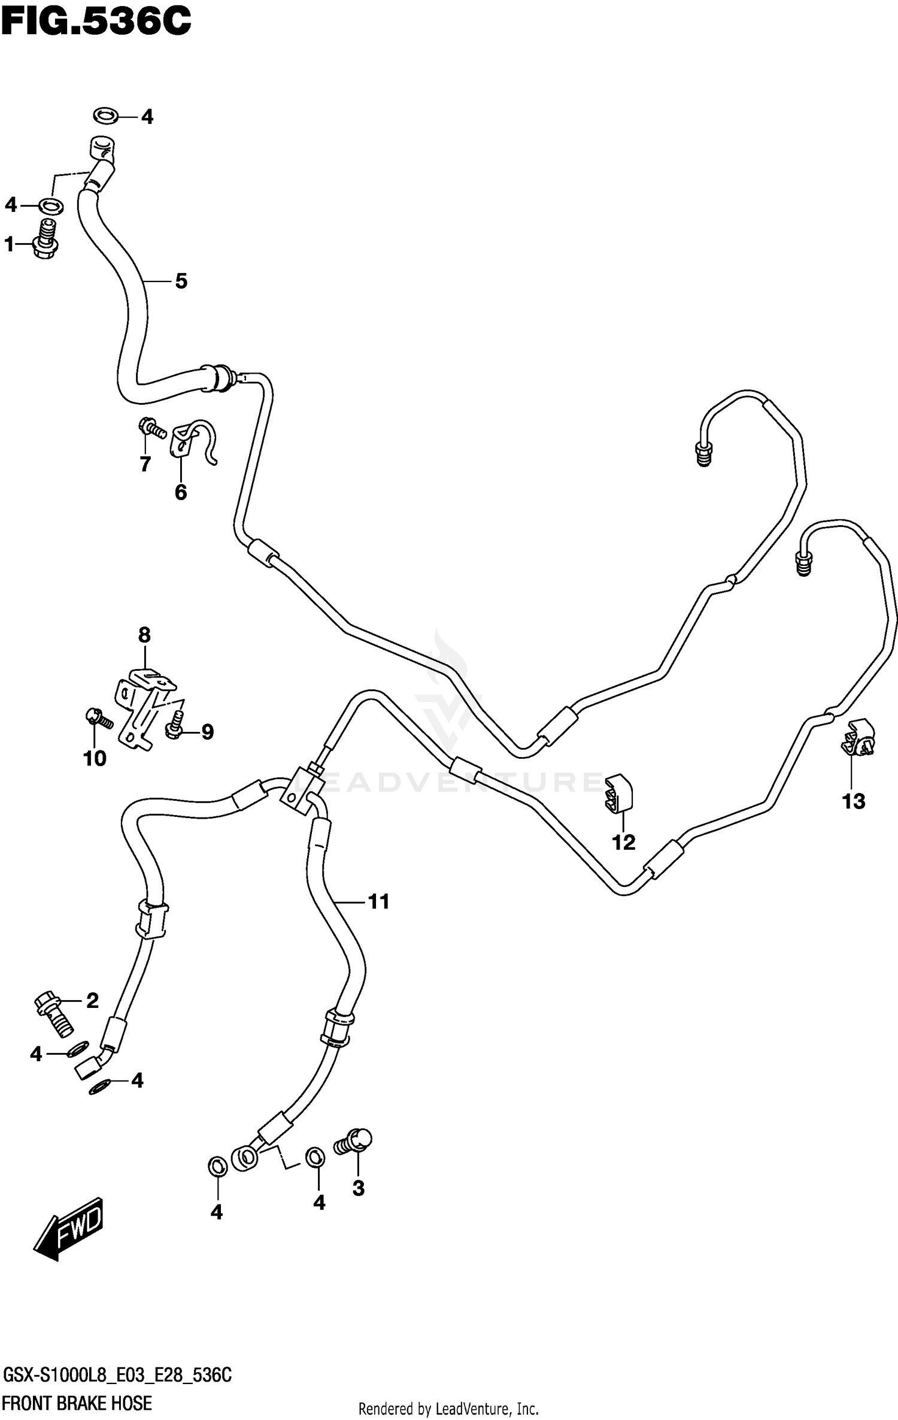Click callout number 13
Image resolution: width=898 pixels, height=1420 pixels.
coord(853,801)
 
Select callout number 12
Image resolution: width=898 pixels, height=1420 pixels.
coord(623,842)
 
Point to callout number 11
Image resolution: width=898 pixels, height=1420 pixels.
coord(378,901)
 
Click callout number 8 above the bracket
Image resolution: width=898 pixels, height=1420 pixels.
coord(144,634)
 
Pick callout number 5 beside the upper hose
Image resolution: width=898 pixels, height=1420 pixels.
coord(181,280)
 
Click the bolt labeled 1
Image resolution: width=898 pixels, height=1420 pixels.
coord(45,240)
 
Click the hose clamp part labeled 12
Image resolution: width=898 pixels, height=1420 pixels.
coord(618,794)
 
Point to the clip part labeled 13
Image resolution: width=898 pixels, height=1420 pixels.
coord(858,738)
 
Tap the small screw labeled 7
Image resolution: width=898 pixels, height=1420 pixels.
coord(151,428)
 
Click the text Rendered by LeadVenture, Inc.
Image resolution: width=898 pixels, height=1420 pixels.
coord(448,1409)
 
